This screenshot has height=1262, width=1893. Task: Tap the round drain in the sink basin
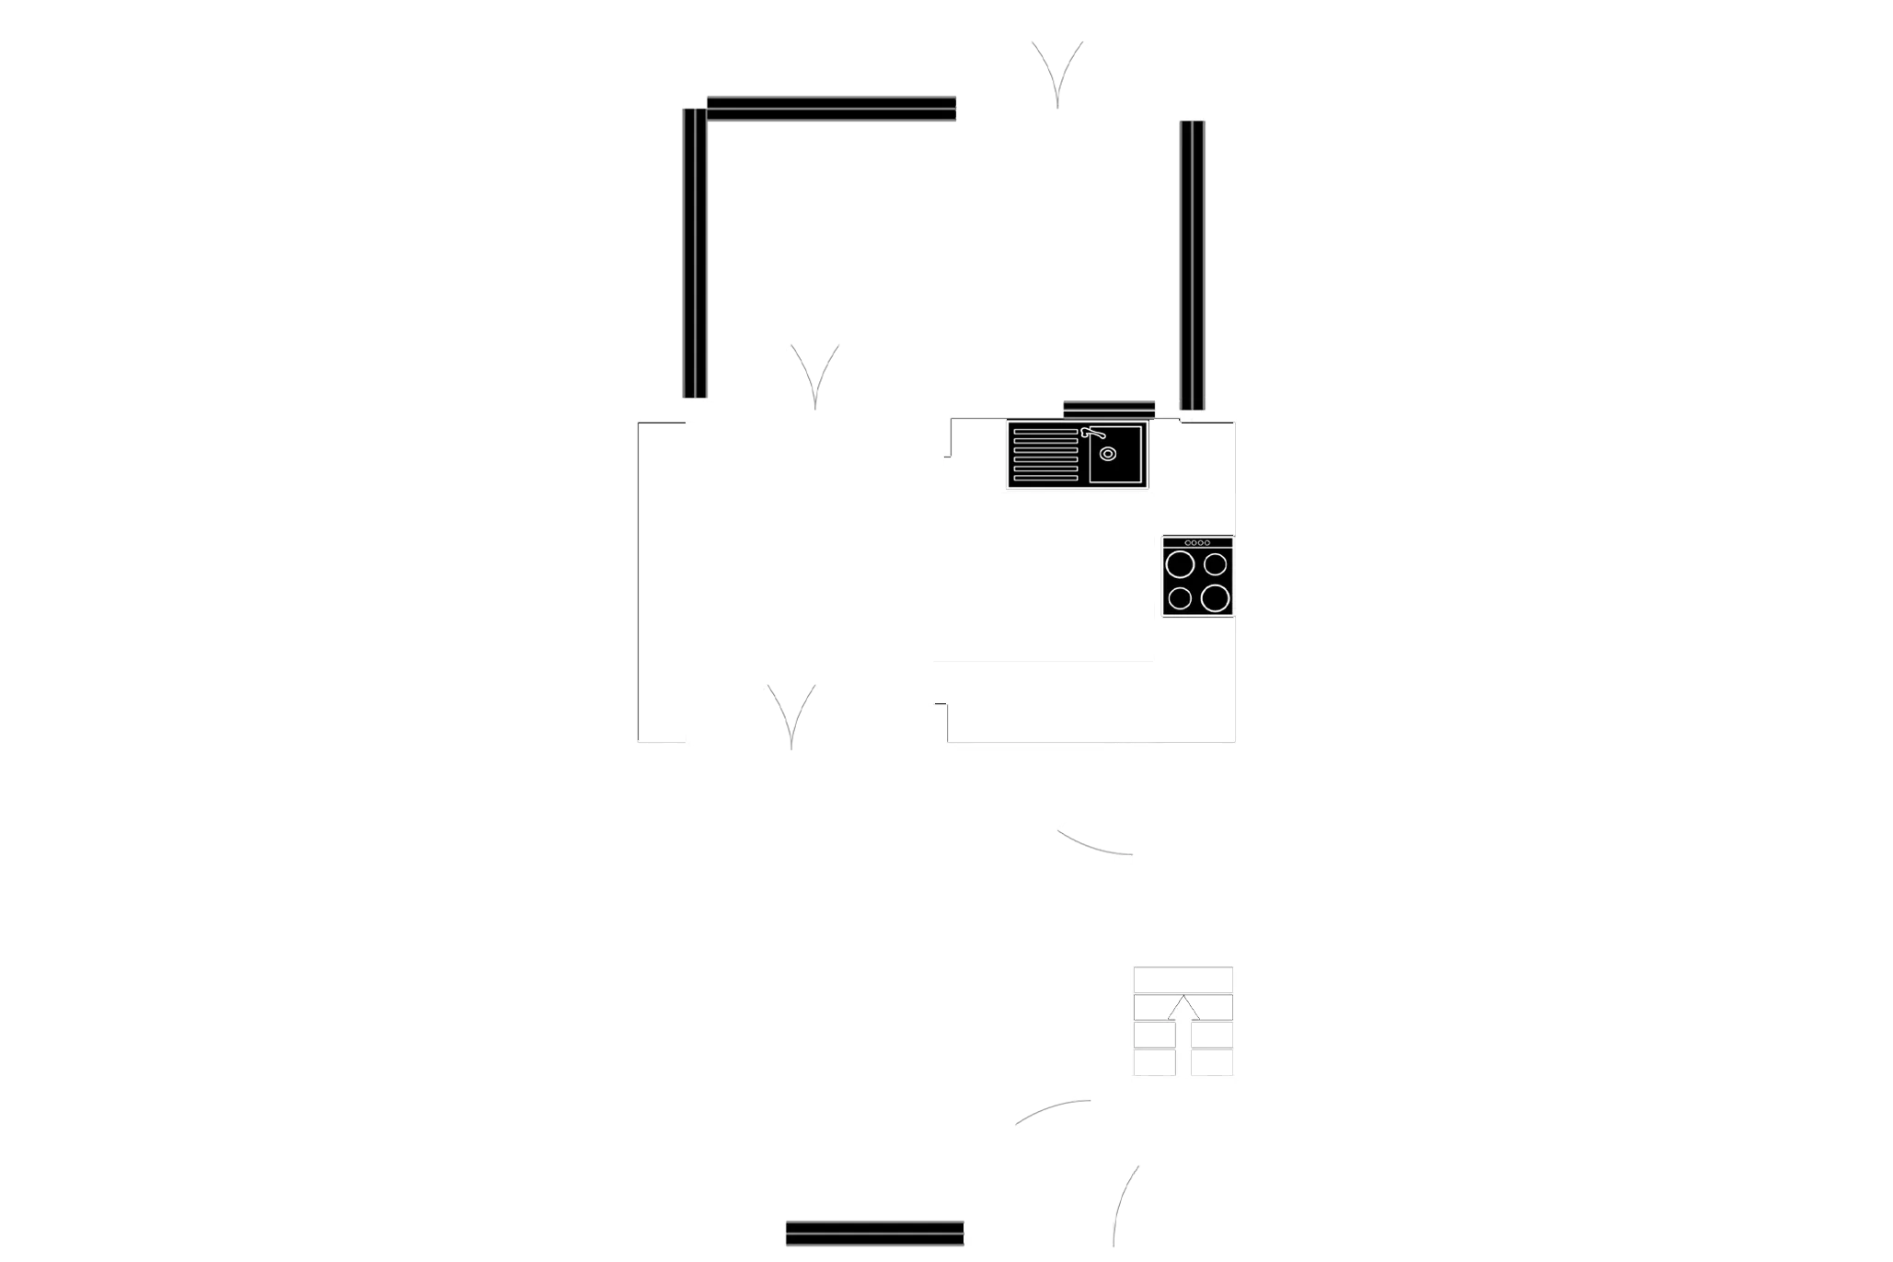point(1108,454)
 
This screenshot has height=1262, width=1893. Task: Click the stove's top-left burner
point(1180,563)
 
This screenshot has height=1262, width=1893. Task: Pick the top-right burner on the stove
point(1216,563)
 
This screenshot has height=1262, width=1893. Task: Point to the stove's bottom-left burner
point(1180,599)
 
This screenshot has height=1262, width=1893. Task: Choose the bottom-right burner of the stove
point(1215,598)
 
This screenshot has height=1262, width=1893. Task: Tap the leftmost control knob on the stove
point(1188,543)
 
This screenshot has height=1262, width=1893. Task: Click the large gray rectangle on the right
point(1546,261)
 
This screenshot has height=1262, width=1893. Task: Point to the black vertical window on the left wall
point(695,253)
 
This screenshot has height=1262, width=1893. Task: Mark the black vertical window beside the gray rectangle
point(1192,264)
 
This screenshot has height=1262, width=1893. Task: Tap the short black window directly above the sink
point(1108,407)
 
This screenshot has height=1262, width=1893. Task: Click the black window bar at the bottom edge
point(874,1233)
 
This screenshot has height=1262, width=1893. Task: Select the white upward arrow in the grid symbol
point(1183,1008)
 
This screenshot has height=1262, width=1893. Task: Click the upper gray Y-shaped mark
point(815,373)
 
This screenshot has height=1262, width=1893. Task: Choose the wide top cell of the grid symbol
point(1184,979)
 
